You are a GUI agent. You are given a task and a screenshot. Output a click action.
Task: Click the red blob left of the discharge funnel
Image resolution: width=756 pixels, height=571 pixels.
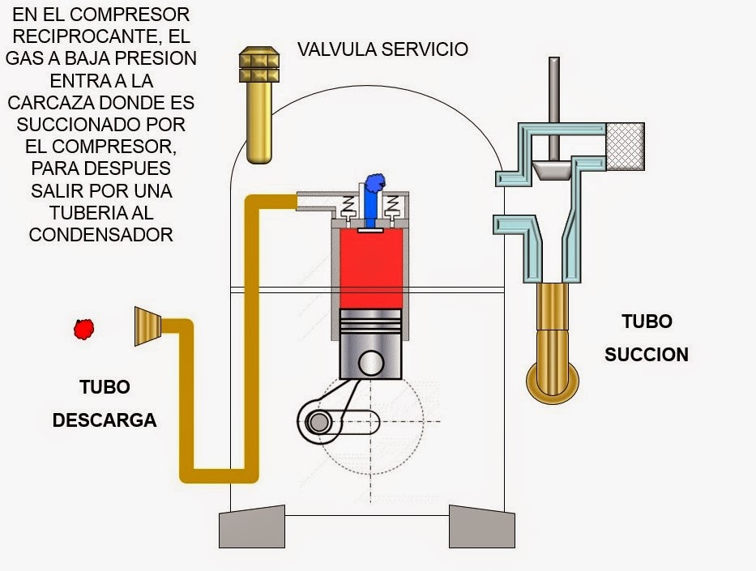[x=83, y=328]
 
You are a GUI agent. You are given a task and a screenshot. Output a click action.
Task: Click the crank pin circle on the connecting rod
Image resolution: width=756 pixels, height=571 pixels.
[x=318, y=422]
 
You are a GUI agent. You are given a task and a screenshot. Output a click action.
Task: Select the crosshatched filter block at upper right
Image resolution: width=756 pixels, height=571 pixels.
[x=625, y=147]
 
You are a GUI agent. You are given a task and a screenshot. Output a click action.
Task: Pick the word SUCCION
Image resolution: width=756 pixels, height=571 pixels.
[x=646, y=355]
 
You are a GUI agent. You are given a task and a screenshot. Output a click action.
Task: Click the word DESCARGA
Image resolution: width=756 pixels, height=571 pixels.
[x=105, y=421]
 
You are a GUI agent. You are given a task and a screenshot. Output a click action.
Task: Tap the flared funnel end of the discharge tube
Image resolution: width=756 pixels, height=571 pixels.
[x=148, y=326]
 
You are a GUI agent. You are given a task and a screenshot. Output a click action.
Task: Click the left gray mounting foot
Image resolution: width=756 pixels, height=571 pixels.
[x=253, y=526]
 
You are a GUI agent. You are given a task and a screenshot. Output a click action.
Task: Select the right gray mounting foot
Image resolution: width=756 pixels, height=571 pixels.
[x=482, y=526]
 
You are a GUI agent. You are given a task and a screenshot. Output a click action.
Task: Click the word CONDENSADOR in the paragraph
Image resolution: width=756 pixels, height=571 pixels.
[x=100, y=235]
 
